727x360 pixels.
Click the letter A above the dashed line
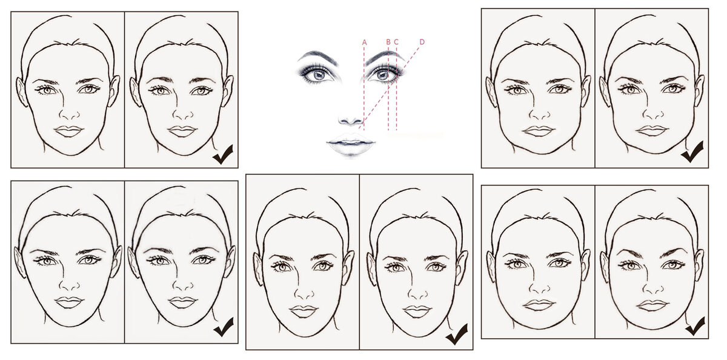click(x=365, y=42)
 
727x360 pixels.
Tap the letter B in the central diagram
click(x=388, y=42)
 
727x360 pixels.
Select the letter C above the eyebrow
click(x=396, y=42)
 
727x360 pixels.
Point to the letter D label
click(x=422, y=42)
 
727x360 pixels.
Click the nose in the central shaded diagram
click(x=351, y=119)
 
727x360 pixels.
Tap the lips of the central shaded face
click(x=351, y=144)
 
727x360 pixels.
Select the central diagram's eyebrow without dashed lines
click(x=318, y=57)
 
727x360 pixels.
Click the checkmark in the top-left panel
click(x=223, y=154)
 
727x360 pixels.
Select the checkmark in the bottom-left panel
click(x=224, y=327)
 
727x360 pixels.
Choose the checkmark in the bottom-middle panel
click(x=457, y=334)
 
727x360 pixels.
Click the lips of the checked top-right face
click(x=652, y=130)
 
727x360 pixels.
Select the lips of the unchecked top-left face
click(x=68, y=131)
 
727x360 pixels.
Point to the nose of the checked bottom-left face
click(x=182, y=283)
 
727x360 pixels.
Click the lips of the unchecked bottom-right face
click(x=539, y=305)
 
